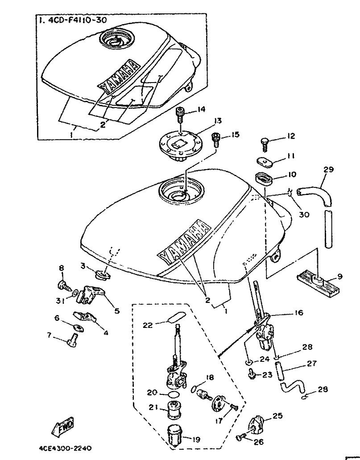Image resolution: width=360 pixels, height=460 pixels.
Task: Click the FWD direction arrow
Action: pyautogui.click(x=64, y=427)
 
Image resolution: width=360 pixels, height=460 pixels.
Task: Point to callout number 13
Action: pyautogui.click(x=217, y=120)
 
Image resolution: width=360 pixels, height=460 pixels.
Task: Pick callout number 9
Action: pyautogui.click(x=340, y=277)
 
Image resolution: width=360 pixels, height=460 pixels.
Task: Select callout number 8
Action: pyautogui.click(x=62, y=268)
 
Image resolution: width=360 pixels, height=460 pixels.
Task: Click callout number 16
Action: pyautogui.click(x=298, y=313)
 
